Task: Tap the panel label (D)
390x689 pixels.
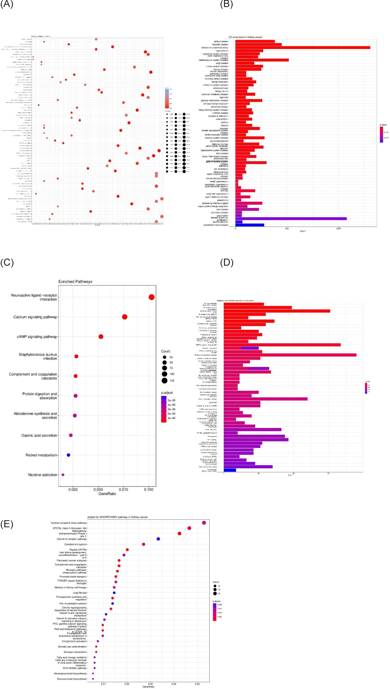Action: click(227, 262)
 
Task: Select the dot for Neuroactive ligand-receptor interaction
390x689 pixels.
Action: click(151, 297)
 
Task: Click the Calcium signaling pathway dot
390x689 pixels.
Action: click(125, 317)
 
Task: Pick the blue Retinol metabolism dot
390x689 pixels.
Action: click(68, 455)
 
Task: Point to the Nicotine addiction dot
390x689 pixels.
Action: click(63, 475)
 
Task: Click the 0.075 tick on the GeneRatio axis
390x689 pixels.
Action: click(123, 490)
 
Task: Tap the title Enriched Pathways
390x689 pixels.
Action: click(75, 281)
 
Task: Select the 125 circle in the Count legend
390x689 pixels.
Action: click(164, 380)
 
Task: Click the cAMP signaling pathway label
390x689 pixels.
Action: click(37, 337)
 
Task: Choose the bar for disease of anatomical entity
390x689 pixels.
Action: click(303, 48)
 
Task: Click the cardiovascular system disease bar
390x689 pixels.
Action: click(262, 60)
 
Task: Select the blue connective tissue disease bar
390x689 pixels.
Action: click(250, 225)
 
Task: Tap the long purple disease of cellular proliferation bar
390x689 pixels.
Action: click(291, 219)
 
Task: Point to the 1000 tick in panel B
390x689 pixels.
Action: click(338, 229)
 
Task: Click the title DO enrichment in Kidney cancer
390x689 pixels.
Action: click(245, 37)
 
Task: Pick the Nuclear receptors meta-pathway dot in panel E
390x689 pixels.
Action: click(204, 523)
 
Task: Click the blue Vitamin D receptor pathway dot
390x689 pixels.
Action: click(158, 539)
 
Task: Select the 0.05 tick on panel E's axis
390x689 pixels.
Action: click(197, 684)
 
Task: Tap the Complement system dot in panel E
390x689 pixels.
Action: click(143, 544)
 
